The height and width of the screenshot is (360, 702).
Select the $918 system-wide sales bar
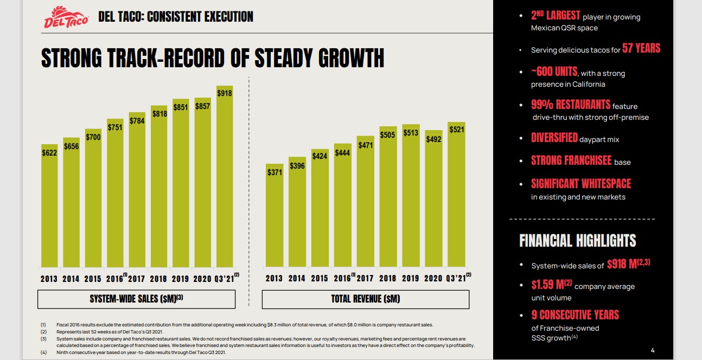(x=225, y=179)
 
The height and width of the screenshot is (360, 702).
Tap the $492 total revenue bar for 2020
(x=433, y=201)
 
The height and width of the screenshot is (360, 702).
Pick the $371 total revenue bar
(x=274, y=217)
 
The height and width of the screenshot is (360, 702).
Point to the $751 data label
(x=115, y=127)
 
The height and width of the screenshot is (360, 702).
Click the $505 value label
(x=388, y=135)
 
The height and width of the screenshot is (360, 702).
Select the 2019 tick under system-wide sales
(x=181, y=279)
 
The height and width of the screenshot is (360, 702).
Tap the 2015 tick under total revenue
(x=320, y=279)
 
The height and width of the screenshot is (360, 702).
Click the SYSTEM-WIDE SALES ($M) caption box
(x=136, y=299)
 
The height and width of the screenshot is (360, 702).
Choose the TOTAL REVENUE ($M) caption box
(x=365, y=299)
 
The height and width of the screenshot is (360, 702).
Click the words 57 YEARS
(x=641, y=49)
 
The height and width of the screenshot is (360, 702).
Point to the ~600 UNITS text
(x=554, y=72)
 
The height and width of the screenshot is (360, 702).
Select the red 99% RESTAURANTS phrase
(x=570, y=105)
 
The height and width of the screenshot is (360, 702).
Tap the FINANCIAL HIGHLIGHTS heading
(x=577, y=241)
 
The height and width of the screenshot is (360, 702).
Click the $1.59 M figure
(x=548, y=285)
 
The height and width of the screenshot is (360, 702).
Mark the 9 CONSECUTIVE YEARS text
(x=575, y=315)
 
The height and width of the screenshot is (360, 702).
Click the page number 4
(x=653, y=350)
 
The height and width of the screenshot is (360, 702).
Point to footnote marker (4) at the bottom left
(x=43, y=352)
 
